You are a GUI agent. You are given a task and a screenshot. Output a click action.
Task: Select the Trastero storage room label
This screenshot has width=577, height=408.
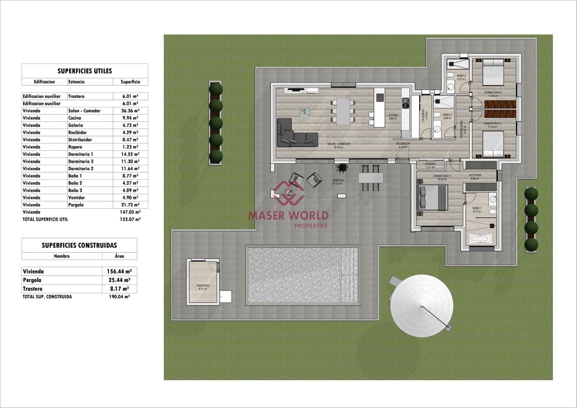coord(203,286)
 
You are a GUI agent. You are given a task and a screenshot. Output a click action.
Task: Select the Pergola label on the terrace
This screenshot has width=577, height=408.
coord(338,180)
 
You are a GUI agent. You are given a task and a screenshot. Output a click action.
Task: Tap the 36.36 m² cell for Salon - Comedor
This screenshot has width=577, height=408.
coord(130,111)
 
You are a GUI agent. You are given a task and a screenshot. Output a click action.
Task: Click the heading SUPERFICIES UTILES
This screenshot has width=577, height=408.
coord(85,71)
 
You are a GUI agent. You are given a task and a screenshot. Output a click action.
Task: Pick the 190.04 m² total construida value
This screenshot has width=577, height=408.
coord(119,297)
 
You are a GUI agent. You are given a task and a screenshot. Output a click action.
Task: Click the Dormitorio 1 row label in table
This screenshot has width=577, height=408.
coord(80,154)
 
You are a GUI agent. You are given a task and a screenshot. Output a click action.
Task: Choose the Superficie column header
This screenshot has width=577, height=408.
coord(130,82)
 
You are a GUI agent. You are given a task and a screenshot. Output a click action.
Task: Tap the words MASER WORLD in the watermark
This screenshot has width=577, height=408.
coord(288,216)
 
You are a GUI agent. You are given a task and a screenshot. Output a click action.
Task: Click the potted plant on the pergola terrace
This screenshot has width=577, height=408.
coord(341,168)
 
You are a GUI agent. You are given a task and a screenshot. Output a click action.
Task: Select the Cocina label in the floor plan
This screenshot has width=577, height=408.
coord(393,115)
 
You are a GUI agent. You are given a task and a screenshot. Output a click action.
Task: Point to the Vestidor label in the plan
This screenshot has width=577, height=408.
coord(475,175)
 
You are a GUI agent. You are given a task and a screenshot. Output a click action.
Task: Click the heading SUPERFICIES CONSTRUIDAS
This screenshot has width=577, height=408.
coord(79,246)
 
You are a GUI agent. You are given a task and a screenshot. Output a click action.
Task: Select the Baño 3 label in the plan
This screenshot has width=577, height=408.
coord(447,115)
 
